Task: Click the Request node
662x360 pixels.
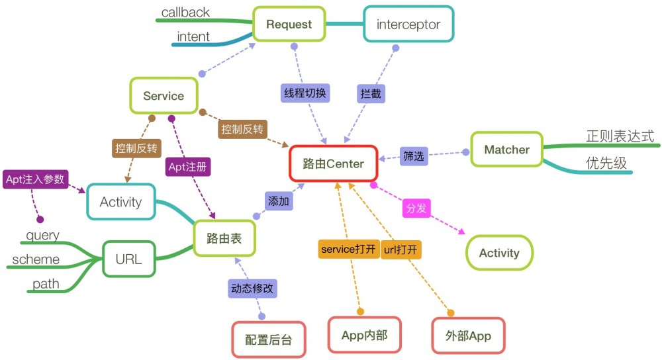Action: [x=289, y=25]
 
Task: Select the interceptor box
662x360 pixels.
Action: [x=408, y=25]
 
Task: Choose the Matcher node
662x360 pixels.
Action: [x=506, y=150]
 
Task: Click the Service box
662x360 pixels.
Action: [x=164, y=96]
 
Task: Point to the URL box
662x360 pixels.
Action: [x=128, y=259]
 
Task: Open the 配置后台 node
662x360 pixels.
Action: [x=268, y=340]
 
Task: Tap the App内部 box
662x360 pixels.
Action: [x=364, y=336]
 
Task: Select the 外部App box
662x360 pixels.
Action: [x=469, y=336]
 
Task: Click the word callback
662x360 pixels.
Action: [x=185, y=12]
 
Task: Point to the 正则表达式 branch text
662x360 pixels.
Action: [x=620, y=136]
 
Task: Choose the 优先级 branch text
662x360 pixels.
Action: [x=606, y=163]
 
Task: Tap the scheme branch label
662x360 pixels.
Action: [x=36, y=259]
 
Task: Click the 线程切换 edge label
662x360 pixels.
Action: [x=305, y=93]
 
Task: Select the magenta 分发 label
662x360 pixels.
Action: [x=416, y=208]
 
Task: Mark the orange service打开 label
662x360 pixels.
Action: [x=348, y=249]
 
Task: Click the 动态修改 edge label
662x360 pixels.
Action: [x=252, y=289]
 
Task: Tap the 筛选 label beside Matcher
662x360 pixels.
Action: [x=414, y=156]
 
